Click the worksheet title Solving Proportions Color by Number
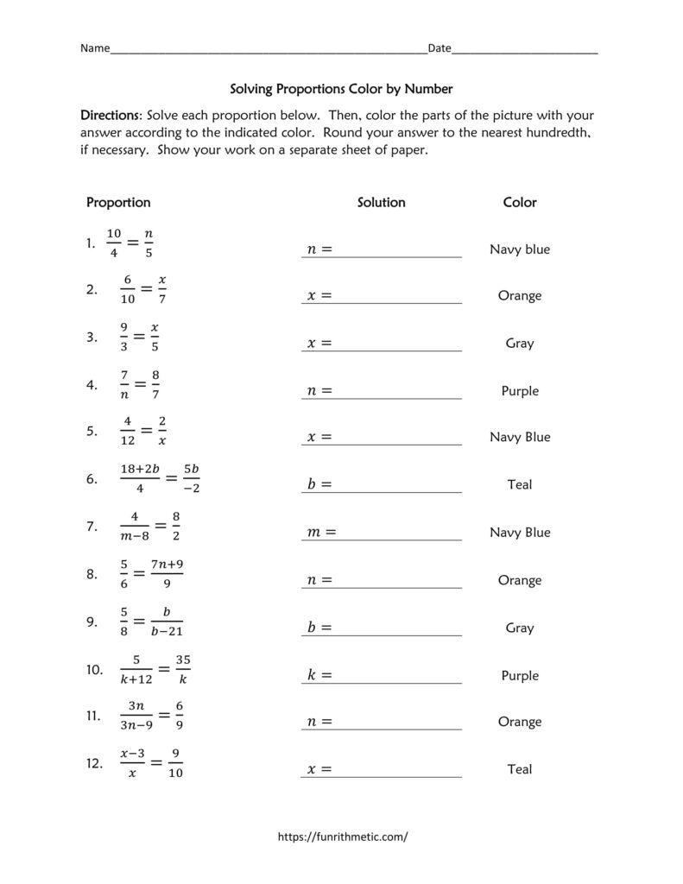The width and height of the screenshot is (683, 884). (341, 88)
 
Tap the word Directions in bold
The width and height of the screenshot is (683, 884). (111, 115)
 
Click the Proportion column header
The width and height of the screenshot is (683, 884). (118, 202)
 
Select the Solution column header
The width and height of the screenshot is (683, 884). (381, 202)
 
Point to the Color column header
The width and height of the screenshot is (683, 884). (520, 202)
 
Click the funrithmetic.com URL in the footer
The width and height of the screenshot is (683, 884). (341, 837)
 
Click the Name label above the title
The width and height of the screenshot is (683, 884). (95, 48)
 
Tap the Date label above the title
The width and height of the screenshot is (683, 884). (440, 48)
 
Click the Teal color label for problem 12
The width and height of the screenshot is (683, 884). (520, 769)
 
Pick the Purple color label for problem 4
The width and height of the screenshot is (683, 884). (520, 391)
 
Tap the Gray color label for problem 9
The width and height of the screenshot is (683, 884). (520, 628)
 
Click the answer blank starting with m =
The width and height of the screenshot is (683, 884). (382, 533)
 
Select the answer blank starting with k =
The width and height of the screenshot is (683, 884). (382, 675)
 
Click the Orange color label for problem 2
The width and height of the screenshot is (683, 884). (520, 296)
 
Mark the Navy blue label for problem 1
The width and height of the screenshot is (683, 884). (520, 249)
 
